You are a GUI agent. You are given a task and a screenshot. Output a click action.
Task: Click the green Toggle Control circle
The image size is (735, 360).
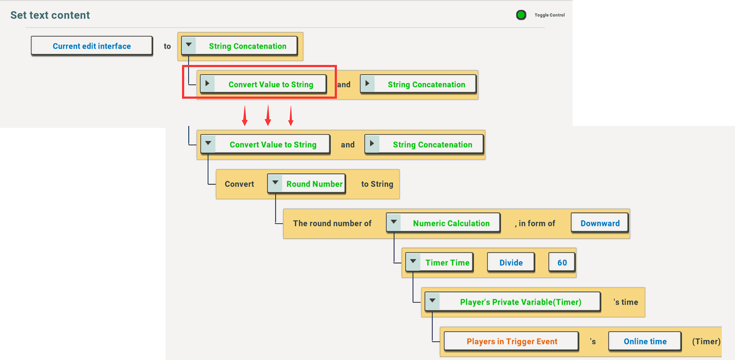click(x=521, y=15)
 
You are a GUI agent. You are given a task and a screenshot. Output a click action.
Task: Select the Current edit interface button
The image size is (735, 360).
click(x=92, y=46)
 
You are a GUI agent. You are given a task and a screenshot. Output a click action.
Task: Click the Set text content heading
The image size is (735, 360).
click(x=50, y=15)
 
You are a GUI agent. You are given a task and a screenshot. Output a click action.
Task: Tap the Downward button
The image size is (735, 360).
click(x=600, y=223)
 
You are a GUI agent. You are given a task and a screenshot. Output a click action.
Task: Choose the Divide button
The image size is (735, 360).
click(x=511, y=262)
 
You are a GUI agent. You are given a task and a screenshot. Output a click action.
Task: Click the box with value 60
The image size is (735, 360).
click(x=562, y=262)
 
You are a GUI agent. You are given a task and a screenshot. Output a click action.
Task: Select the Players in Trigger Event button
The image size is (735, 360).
click(x=511, y=341)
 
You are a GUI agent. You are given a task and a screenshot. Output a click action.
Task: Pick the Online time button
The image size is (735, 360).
click(x=645, y=341)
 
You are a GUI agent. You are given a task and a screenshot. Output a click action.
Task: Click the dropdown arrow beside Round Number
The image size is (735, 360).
click(x=275, y=183)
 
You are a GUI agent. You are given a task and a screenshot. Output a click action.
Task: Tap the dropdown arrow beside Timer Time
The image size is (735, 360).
click(x=413, y=261)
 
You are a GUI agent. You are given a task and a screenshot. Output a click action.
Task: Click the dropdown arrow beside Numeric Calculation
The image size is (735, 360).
click(x=394, y=222)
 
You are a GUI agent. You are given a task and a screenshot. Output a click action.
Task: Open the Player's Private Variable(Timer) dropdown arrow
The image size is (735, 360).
click(x=433, y=301)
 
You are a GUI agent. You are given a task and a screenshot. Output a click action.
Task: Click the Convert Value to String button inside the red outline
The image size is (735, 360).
click(x=264, y=84)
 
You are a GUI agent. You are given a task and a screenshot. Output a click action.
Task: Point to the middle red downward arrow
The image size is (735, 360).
click(x=268, y=115)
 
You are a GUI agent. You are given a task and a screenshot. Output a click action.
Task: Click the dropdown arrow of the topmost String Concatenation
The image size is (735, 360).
click(x=189, y=45)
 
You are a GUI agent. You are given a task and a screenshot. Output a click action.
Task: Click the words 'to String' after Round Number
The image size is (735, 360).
click(x=377, y=184)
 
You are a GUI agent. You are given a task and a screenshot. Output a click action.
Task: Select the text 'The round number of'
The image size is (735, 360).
click(x=332, y=224)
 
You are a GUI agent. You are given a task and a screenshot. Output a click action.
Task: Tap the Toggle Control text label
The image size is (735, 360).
click(x=550, y=15)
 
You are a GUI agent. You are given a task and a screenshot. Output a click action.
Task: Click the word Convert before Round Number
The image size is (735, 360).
click(x=239, y=184)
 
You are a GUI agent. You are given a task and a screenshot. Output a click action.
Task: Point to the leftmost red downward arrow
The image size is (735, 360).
click(x=245, y=116)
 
